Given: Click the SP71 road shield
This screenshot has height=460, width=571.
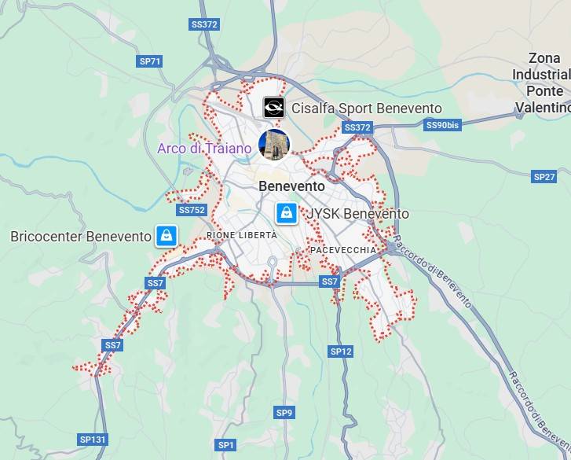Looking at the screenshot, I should (149, 61).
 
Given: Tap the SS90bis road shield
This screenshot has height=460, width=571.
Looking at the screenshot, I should (441, 125).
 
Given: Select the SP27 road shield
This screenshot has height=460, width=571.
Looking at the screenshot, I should (544, 176).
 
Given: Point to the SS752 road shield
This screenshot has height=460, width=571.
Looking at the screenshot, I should (192, 210).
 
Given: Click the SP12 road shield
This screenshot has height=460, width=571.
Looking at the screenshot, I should (341, 351).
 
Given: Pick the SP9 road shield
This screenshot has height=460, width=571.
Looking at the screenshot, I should (284, 412).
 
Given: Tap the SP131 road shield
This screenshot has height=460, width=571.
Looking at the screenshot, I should (93, 439).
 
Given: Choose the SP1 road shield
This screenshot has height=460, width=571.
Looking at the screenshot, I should (226, 445).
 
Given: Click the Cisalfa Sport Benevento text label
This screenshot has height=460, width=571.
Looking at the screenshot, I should (366, 109).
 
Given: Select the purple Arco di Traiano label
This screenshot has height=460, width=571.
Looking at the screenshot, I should (204, 148).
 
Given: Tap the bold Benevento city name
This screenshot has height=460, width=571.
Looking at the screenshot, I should (291, 186).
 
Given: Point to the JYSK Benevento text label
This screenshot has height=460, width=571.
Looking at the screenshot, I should (357, 214).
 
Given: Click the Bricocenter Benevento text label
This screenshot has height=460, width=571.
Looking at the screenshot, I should (80, 236).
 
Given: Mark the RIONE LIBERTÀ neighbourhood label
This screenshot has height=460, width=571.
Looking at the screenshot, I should (242, 235).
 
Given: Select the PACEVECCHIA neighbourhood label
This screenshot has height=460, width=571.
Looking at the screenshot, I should (343, 249).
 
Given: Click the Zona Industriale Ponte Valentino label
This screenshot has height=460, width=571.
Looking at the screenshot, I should (544, 83).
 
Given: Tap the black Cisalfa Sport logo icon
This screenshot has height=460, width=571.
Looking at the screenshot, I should (273, 107).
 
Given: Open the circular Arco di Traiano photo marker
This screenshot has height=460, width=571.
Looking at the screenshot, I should (274, 144).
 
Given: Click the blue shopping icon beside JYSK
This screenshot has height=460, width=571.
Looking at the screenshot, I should (287, 213).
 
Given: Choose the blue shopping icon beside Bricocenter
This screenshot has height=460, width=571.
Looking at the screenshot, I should (165, 235).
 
